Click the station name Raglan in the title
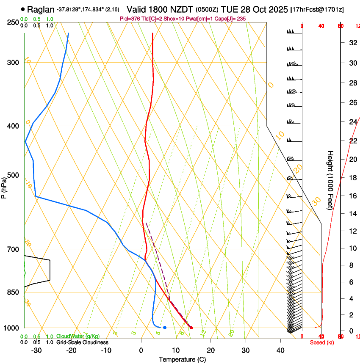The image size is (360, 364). (x=42, y=9)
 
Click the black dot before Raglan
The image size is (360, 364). (x=23, y=9)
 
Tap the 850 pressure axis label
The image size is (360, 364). (x=13, y=292)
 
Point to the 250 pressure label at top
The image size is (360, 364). (x=13, y=22)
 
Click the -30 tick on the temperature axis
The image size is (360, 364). (x=36, y=350)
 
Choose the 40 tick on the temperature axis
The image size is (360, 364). (x=280, y=350)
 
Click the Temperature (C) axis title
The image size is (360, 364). (x=182, y=360)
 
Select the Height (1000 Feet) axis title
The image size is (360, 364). (x=331, y=180)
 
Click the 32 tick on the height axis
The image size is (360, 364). (x=352, y=43)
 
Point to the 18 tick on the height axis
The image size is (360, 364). (x=352, y=178)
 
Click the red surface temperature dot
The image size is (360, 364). (x=191, y=328)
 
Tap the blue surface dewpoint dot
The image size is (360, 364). (x=165, y=328)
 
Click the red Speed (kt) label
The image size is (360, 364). (x=321, y=342)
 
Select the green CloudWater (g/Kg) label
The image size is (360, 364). (x=78, y=336)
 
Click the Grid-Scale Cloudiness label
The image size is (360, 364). (x=82, y=342)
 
